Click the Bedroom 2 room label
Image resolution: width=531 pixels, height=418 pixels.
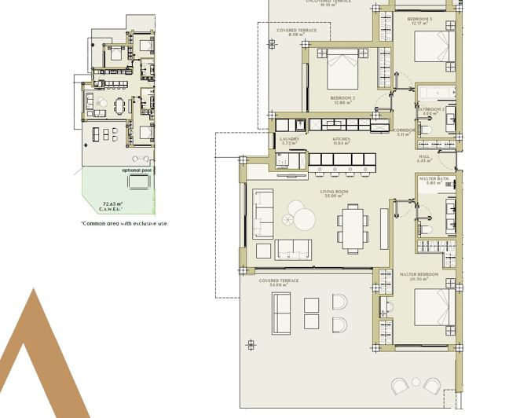343,101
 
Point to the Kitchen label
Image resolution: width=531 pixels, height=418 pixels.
340,141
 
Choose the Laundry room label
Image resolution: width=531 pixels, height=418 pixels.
289,141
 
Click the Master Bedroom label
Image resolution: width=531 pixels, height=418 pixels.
419,277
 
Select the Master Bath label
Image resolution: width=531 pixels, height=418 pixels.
433,181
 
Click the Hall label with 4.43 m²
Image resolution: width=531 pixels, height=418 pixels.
424,159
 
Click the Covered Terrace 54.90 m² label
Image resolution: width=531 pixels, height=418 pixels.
279,281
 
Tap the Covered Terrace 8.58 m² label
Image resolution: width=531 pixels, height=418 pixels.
297,32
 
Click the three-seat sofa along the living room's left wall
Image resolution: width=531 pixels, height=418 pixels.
262,214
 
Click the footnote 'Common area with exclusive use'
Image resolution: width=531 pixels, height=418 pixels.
124,223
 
